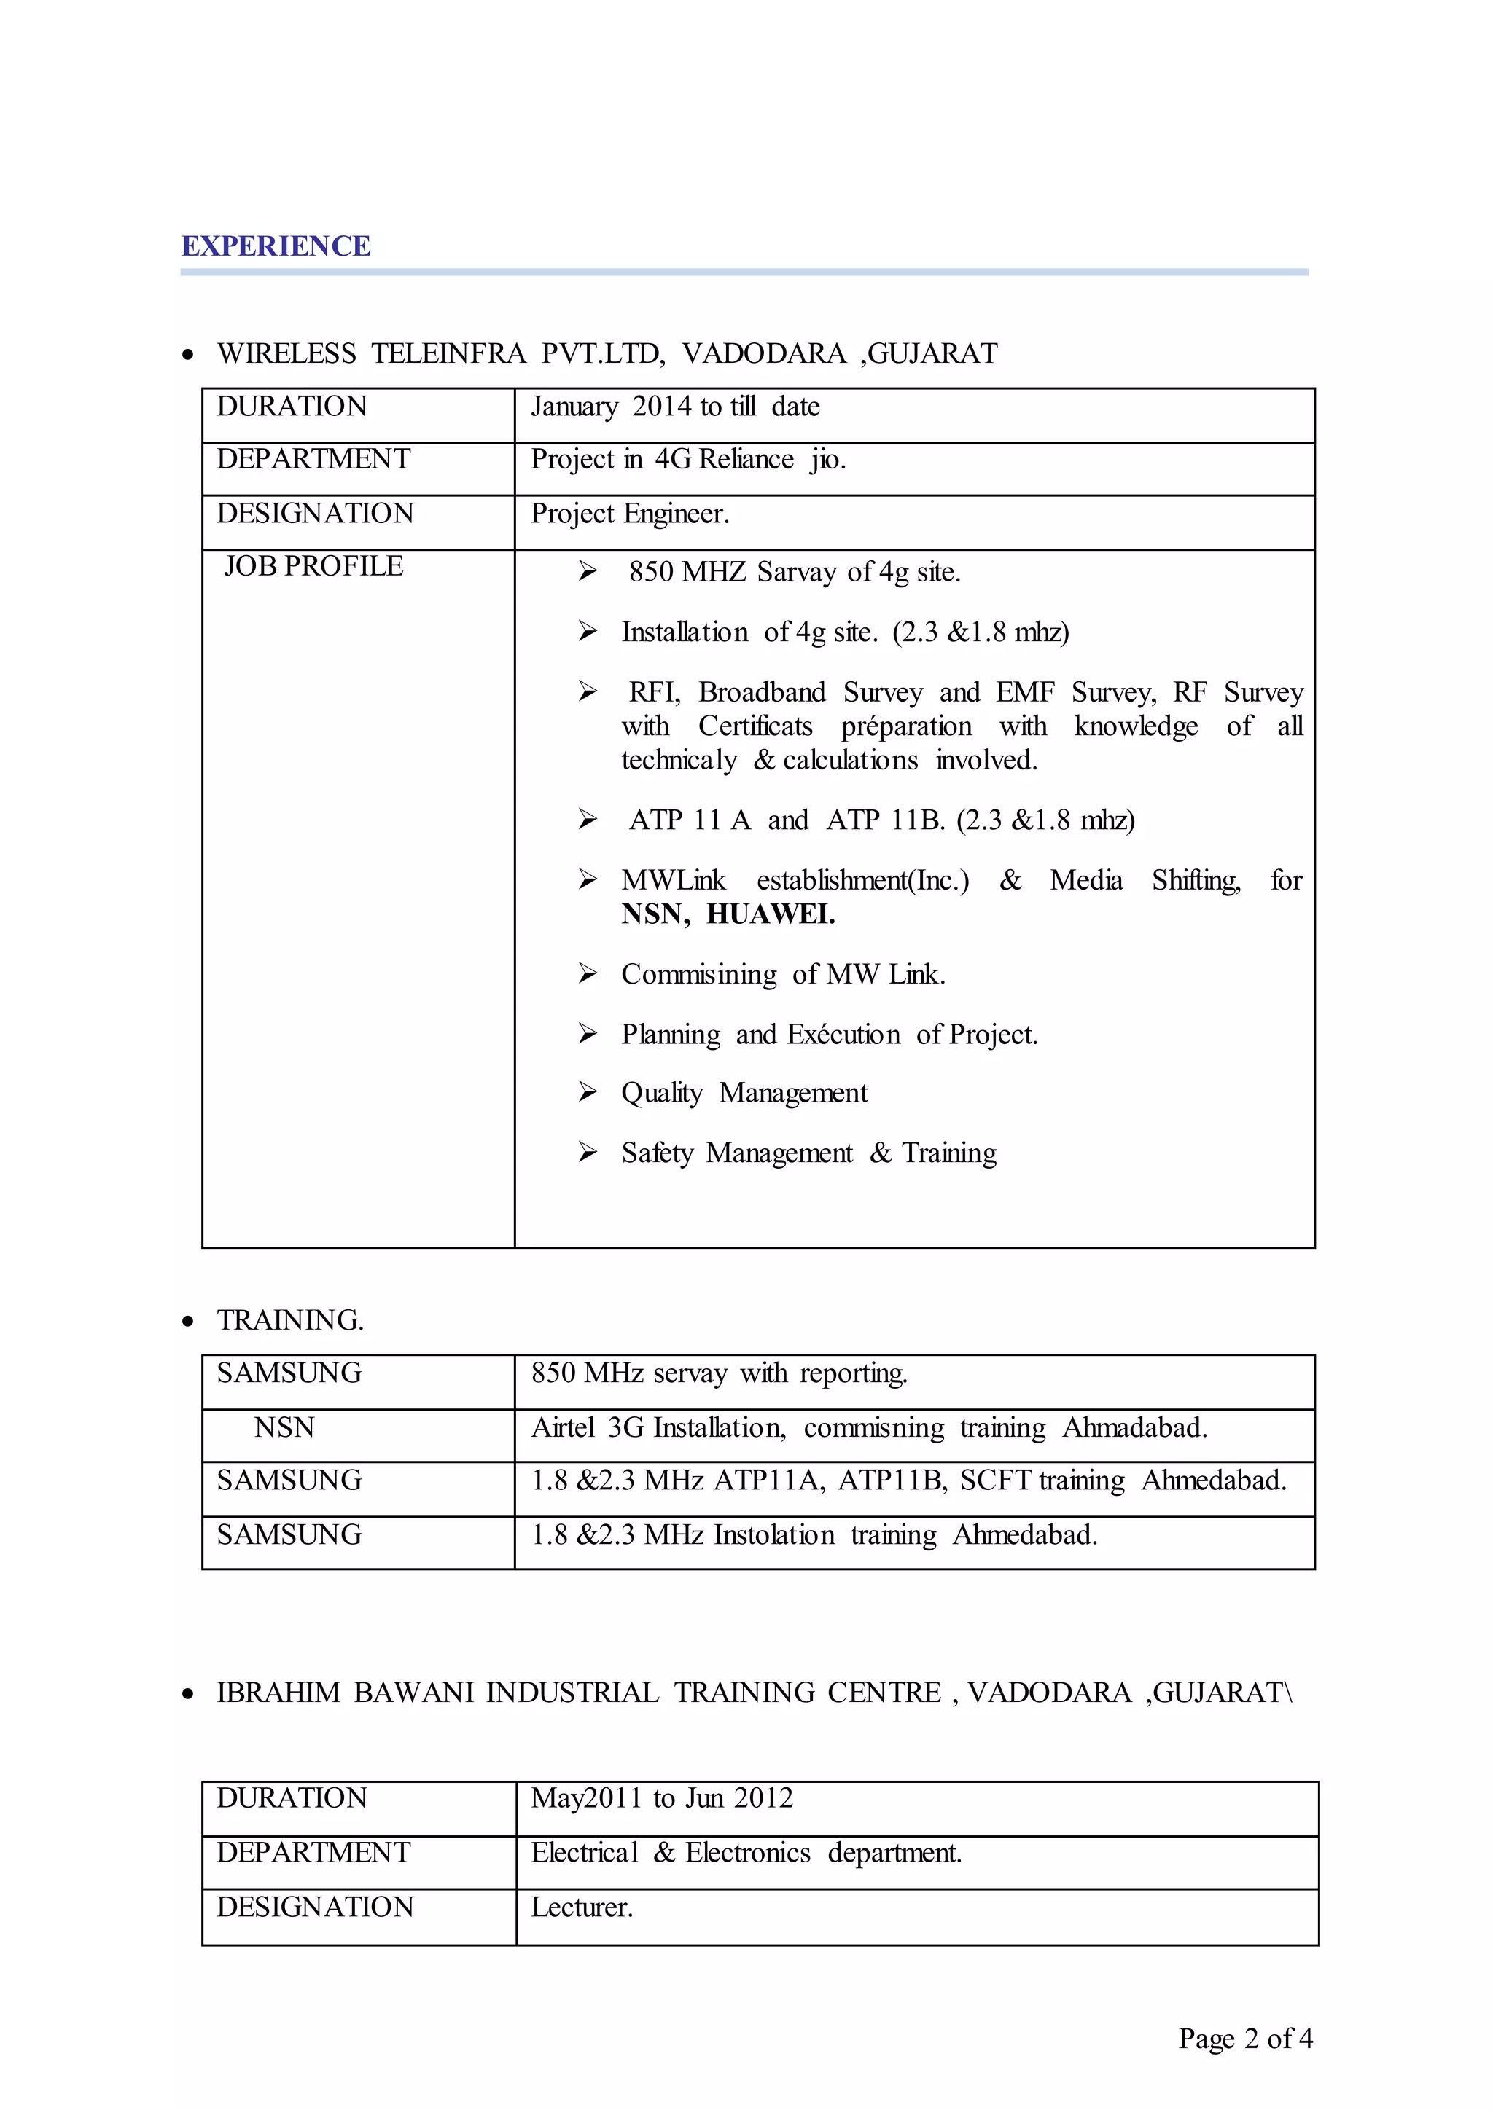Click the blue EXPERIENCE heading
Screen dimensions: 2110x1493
tap(276, 246)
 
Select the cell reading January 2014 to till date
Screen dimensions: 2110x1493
tap(675, 407)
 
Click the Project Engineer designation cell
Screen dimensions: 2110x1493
tap(630, 514)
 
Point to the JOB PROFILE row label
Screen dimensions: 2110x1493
tap(313, 566)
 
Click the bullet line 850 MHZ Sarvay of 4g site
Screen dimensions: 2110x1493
tap(795, 573)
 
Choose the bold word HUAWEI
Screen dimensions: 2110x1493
tap(771, 914)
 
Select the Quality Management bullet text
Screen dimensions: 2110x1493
tap(744, 1093)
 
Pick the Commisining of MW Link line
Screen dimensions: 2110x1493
tap(783, 974)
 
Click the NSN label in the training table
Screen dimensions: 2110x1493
tap(284, 1427)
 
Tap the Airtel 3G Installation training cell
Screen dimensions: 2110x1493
tap(869, 1427)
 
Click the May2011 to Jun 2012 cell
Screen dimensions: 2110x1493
tap(661, 1798)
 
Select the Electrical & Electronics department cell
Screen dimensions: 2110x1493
tap(746, 1853)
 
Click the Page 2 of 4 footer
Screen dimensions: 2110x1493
tap(1245, 2039)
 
